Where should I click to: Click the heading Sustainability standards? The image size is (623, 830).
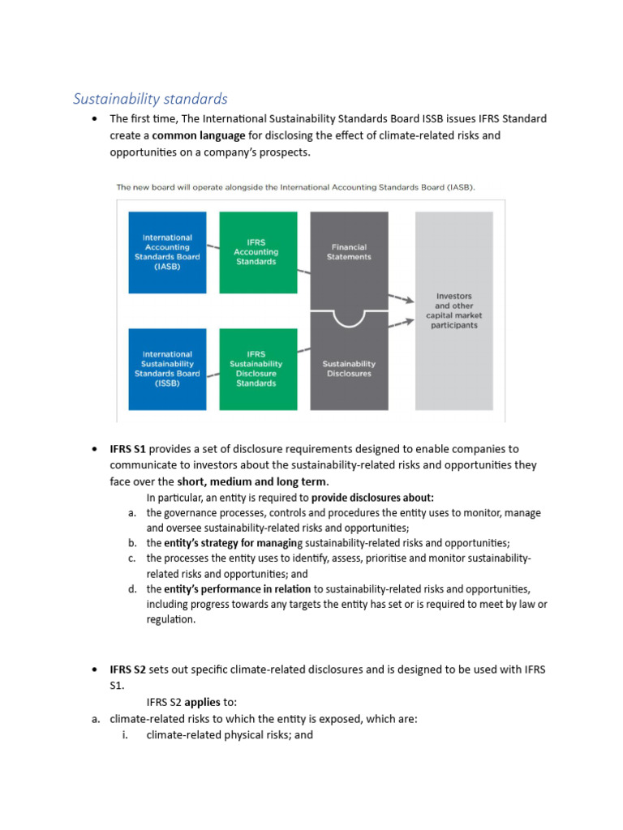click(150, 99)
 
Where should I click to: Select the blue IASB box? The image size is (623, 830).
click(166, 252)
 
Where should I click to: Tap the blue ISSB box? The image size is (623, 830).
click(166, 369)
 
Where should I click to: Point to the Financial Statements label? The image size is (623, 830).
click(349, 252)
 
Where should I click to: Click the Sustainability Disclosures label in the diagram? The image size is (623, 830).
click(349, 369)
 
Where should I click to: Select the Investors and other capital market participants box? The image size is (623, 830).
click(453, 310)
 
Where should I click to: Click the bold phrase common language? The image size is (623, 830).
click(201, 135)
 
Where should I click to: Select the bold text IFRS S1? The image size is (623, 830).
click(128, 448)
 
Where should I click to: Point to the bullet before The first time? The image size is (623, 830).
click(95, 119)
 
